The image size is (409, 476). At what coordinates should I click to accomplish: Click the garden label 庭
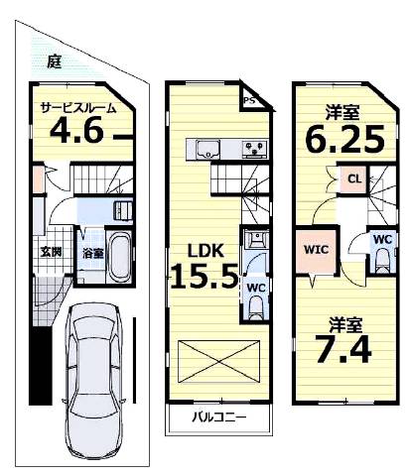point(55,60)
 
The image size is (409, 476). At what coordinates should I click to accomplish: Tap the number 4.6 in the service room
point(76,130)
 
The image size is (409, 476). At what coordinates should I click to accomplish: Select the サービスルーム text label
point(78,108)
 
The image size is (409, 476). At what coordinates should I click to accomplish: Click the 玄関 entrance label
point(51,252)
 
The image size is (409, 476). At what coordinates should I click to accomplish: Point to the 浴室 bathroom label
point(93,254)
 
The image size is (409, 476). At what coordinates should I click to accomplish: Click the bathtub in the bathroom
point(119,256)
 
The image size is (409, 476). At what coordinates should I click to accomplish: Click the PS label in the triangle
point(250,100)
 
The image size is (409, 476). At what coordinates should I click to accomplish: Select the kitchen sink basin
point(207,150)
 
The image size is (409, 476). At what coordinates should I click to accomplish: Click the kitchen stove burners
point(254,148)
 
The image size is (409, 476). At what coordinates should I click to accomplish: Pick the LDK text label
point(205,251)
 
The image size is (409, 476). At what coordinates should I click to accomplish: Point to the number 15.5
point(204,276)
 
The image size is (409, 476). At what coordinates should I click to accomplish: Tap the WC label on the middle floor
point(256,288)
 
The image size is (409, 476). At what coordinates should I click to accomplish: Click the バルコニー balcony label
point(219,417)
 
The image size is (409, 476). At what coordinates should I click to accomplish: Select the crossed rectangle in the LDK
point(218,361)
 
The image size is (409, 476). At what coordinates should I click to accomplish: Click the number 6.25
point(345,139)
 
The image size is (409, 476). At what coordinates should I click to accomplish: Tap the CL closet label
point(354,179)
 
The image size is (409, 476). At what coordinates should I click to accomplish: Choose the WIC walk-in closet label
point(317,250)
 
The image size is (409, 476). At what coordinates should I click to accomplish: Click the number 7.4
point(343,349)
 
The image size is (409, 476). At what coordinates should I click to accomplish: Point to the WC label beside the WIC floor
point(383,239)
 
